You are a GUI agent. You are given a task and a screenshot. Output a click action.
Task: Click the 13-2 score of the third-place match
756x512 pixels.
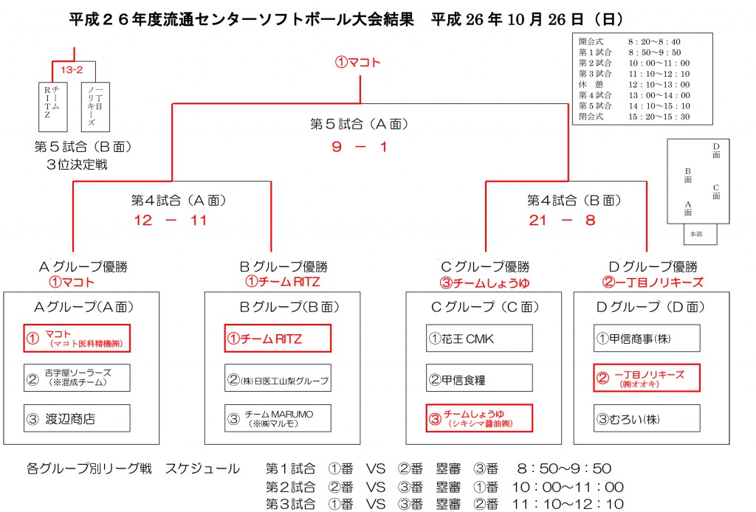click(x=72, y=70)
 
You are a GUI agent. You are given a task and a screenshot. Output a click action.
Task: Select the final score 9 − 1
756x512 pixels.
click(x=360, y=147)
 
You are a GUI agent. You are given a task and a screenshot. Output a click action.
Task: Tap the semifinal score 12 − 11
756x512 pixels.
click(x=171, y=220)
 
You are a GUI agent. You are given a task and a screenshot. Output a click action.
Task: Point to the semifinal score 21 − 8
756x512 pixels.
click(x=562, y=220)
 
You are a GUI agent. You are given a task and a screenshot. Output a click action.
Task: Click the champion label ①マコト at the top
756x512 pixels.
click(x=358, y=62)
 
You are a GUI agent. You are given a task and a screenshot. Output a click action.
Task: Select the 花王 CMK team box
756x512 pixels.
click(x=479, y=338)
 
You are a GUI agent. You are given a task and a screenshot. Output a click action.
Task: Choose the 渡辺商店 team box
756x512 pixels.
click(x=77, y=418)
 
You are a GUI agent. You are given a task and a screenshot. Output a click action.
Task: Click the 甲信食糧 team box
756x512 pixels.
click(x=479, y=378)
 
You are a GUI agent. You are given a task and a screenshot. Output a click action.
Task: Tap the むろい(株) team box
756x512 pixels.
click(x=647, y=418)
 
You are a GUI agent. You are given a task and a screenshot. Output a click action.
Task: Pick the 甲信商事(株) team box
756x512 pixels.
click(x=647, y=338)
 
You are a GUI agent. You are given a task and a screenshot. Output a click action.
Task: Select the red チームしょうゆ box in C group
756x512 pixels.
click(x=479, y=418)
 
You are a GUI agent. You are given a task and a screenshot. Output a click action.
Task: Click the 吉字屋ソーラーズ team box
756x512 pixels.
click(x=77, y=378)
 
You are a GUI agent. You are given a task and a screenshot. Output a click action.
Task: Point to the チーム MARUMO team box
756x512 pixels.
click(x=278, y=418)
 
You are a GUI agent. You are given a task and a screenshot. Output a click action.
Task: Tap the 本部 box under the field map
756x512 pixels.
click(x=700, y=234)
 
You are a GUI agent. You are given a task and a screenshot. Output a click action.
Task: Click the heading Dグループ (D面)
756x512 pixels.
click(x=650, y=307)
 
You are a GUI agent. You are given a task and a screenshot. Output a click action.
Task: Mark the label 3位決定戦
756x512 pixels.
click(x=77, y=165)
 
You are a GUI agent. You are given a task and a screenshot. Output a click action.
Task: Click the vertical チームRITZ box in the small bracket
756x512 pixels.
click(x=52, y=107)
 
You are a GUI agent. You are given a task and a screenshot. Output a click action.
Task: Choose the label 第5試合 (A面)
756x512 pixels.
click(x=360, y=124)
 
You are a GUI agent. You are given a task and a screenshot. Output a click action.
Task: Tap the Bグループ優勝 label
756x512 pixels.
click(x=283, y=266)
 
